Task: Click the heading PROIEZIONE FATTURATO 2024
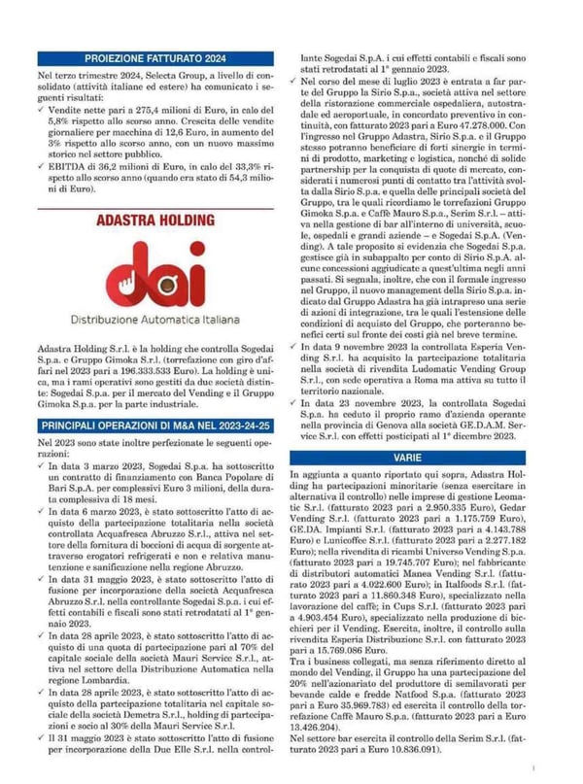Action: (154, 57)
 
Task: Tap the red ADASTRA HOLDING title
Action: (154, 221)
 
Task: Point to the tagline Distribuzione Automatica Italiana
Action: (154, 318)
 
